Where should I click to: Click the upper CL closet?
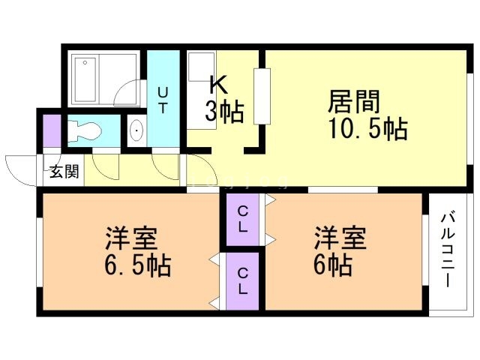[244, 218]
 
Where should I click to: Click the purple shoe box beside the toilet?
[51, 131]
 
